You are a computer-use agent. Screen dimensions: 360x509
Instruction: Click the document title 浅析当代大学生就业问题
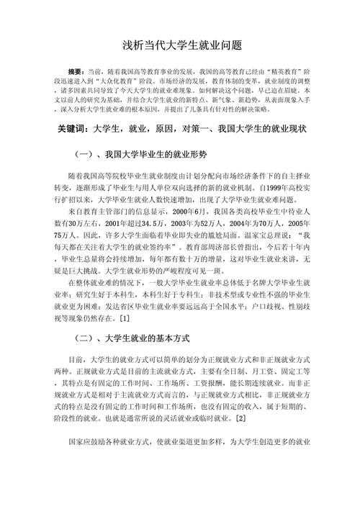[180, 45]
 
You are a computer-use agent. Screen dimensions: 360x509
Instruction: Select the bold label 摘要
[75, 73]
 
